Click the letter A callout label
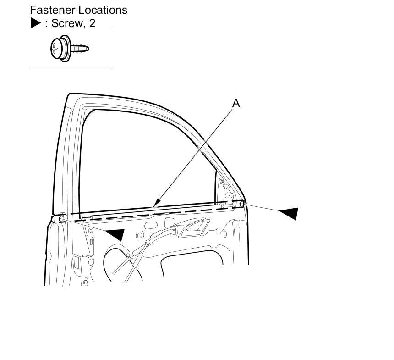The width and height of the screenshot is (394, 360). (236, 103)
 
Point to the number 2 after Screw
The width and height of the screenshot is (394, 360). (93, 23)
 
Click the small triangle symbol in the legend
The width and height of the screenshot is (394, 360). (36, 23)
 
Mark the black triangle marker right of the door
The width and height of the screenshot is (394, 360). (290, 213)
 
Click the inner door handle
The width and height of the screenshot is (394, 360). (195, 227)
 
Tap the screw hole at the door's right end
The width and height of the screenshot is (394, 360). (241, 203)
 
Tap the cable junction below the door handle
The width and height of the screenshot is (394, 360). (148, 243)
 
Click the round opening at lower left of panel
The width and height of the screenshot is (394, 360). (117, 264)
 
